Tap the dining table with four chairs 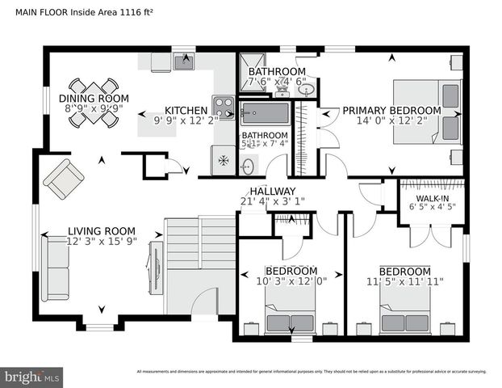[94, 103]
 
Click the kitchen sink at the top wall [185, 61]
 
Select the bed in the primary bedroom [426, 111]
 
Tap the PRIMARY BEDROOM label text [391, 111]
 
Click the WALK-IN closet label [432, 198]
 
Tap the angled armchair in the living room [63, 179]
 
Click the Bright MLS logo [32, 377]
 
